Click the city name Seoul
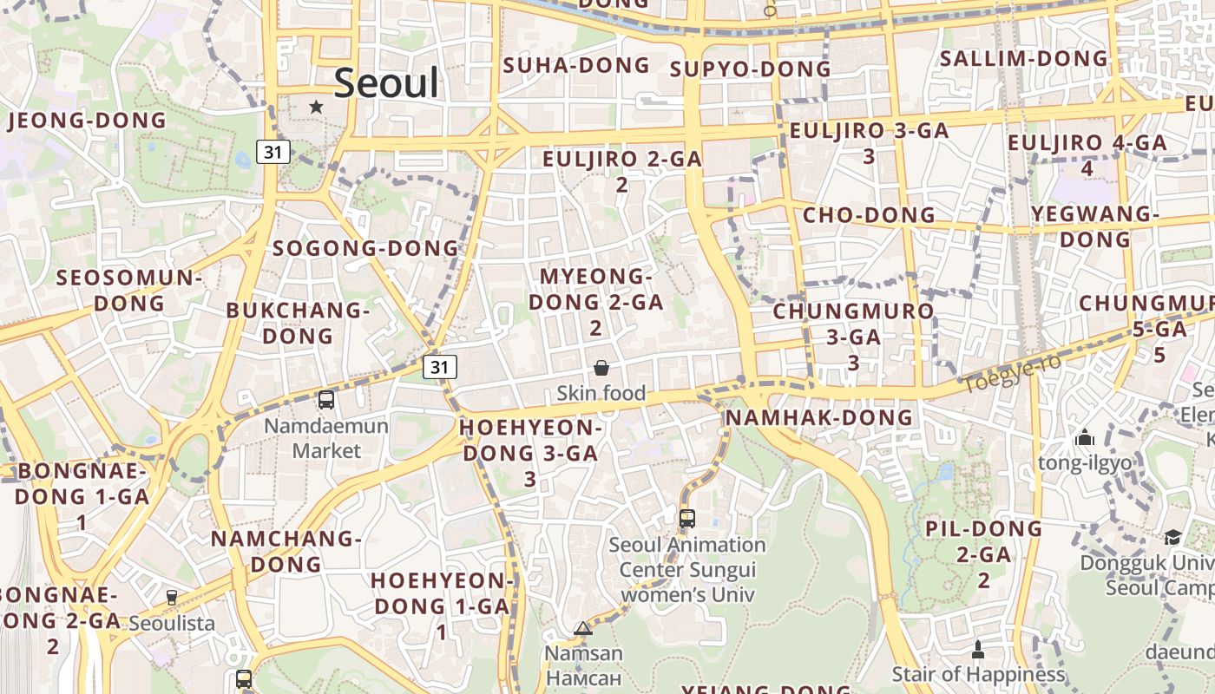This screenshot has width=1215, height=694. point(386,83)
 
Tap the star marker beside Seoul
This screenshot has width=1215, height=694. point(317,107)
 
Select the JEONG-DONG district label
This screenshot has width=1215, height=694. point(87,121)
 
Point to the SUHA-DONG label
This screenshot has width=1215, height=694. point(576,65)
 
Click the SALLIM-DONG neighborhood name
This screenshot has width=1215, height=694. point(1025,59)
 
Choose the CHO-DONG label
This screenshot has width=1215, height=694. point(869,215)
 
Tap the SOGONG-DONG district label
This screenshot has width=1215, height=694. point(365,248)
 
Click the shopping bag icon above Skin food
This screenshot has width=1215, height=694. point(601,369)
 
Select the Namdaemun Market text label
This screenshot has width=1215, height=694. point(326,438)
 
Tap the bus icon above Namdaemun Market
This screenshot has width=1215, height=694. point(326,400)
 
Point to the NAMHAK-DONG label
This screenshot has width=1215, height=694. point(819,418)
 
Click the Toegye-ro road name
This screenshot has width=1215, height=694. point(1011,373)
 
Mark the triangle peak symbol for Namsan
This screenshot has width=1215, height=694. point(583,628)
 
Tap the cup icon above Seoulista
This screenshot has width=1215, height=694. point(172,598)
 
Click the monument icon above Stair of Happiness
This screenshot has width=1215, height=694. point(978,649)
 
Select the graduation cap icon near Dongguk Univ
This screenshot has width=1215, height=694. point(1172,537)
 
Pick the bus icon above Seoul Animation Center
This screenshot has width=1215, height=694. point(687,519)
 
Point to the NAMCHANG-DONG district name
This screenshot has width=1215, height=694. point(286,551)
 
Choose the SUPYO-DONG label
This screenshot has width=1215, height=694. point(751,69)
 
